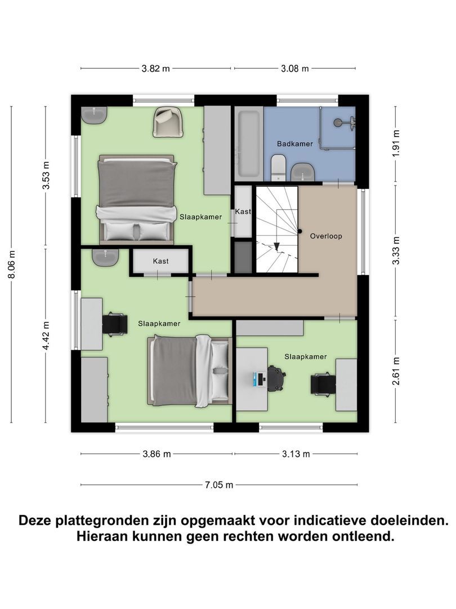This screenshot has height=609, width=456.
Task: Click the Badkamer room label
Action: click(294, 144)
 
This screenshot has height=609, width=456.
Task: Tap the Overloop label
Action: click(326, 236)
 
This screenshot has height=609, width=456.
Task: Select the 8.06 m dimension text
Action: click(12, 263)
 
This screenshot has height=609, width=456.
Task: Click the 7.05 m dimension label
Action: click(219, 484)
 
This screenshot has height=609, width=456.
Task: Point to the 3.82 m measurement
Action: click(155, 69)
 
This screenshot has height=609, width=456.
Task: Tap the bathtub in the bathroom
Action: click(248, 143)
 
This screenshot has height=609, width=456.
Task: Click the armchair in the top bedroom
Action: click(168, 122)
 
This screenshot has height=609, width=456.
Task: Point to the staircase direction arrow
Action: click(277, 246)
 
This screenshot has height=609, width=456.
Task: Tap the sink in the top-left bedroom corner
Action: click(94, 114)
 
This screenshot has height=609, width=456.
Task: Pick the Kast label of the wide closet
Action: click(160, 261)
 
